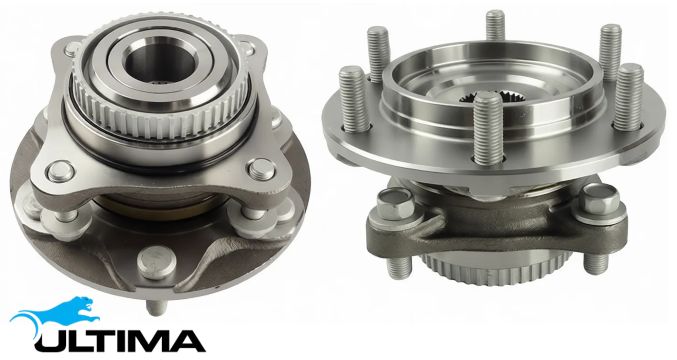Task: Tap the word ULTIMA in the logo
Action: click(120, 341)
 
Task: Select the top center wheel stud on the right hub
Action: click(495, 26)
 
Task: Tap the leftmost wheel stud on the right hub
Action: click(354, 100)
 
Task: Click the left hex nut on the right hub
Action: click(395, 203)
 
